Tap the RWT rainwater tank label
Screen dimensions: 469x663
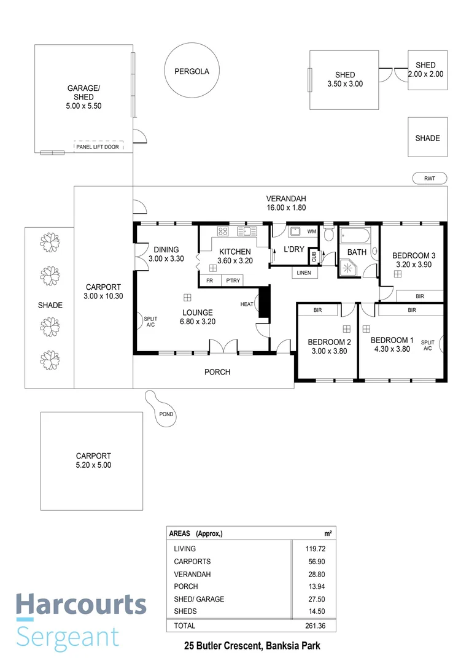tap(429, 179)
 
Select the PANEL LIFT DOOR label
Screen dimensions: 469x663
tap(98, 147)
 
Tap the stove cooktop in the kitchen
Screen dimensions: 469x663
tap(223, 231)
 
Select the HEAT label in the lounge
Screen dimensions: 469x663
tap(247, 304)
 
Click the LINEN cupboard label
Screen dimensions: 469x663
tap(304, 273)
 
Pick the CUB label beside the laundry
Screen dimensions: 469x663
tap(313, 255)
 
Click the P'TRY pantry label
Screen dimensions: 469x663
tap(233, 281)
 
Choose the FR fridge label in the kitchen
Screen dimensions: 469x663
tap(209, 281)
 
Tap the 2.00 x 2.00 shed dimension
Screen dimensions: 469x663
tap(425, 74)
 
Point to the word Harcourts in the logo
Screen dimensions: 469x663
tap(81, 605)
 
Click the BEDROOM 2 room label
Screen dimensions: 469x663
tap(329, 342)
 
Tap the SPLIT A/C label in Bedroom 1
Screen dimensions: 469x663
tap(428, 345)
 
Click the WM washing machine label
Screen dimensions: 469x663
tap(311, 231)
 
